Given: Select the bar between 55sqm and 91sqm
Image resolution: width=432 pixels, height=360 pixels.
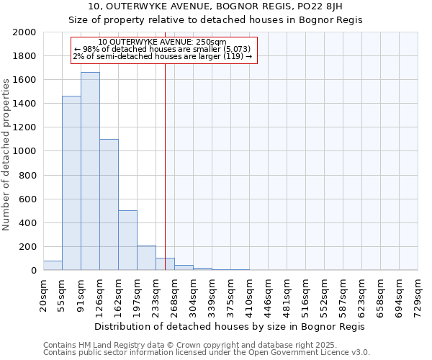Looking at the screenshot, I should pos(71,183).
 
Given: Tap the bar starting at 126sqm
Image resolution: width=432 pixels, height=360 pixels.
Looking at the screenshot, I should pos(109,204).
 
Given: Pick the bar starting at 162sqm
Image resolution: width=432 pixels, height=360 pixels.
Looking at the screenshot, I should pos(127,240).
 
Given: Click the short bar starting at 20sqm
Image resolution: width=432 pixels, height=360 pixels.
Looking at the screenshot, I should pos(53,266).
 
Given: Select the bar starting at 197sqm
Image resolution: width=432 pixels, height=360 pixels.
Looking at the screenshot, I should pos(146,258).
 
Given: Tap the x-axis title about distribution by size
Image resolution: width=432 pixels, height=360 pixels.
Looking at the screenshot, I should pos(230,326).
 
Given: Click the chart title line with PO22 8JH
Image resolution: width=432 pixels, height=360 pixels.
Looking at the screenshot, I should pos(215,7).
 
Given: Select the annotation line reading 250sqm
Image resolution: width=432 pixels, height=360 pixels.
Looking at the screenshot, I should pos(163,42).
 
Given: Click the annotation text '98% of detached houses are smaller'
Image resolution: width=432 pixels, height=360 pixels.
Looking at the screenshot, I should pos(163,49).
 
